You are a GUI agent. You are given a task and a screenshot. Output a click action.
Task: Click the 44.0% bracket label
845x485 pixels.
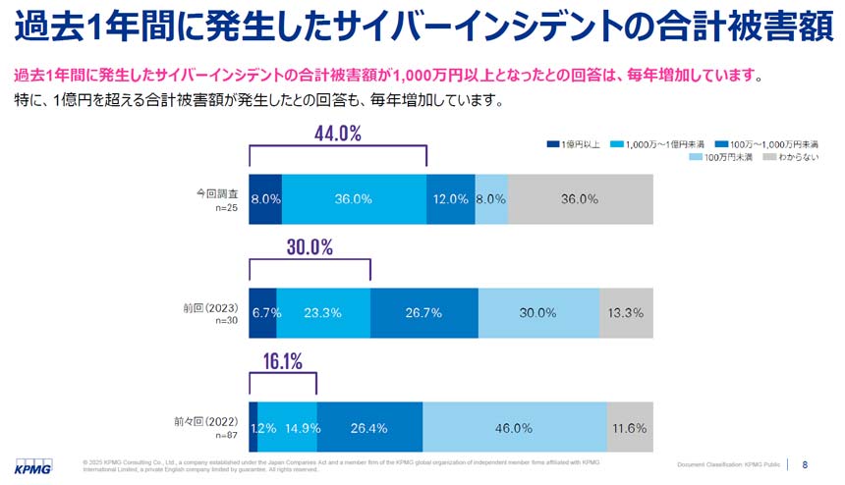(x=338, y=134)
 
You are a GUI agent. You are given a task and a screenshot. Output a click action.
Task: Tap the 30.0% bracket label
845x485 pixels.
(x=310, y=247)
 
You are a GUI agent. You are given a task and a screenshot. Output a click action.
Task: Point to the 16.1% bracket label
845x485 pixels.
(x=282, y=360)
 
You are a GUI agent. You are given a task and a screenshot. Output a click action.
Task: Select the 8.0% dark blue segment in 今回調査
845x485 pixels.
(x=265, y=198)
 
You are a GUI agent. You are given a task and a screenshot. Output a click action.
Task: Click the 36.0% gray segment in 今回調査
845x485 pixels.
(x=579, y=198)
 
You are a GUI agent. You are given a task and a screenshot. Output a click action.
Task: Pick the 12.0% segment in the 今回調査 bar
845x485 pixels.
(x=450, y=198)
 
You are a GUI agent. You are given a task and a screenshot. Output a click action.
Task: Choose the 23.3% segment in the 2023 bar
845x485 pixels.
(x=323, y=312)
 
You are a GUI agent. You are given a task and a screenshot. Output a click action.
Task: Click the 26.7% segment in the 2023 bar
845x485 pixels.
(x=423, y=312)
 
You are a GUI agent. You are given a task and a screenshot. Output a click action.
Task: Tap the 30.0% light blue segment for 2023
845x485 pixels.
(x=538, y=312)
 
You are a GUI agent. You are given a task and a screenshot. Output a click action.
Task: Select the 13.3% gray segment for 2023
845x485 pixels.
(x=626, y=312)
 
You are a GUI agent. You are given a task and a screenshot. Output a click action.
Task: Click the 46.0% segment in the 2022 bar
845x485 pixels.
(x=514, y=427)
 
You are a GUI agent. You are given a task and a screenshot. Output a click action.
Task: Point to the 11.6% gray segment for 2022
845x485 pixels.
(x=629, y=427)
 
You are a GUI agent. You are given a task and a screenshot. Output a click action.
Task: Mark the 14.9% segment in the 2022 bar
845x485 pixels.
(x=287, y=427)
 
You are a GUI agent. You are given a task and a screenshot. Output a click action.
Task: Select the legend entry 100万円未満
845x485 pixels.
(x=725, y=157)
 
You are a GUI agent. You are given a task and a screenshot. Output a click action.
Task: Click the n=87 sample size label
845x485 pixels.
(x=226, y=435)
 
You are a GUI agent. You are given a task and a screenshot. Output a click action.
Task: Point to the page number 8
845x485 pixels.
(x=806, y=463)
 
